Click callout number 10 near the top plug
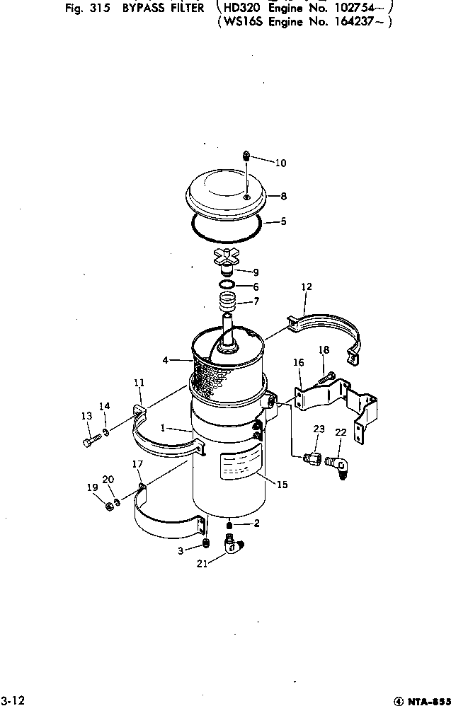(x=280, y=163)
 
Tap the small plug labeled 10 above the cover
(x=246, y=156)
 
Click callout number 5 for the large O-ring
(x=283, y=221)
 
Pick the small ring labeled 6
(x=227, y=285)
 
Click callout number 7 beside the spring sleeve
(x=256, y=302)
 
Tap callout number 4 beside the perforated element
(x=165, y=360)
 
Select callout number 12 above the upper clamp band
(x=306, y=287)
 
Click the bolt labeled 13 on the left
(x=89, y=443)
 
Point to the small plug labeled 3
(x=205, y=543)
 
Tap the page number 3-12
(x=13, y=700)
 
